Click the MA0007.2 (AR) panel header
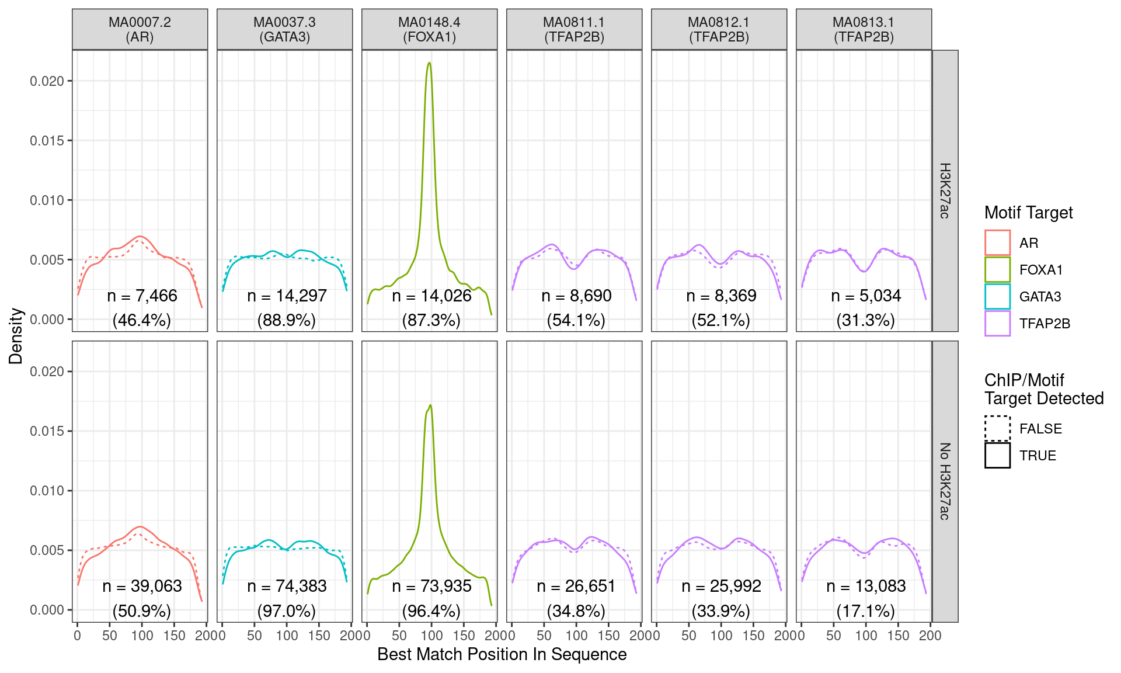[140, 29]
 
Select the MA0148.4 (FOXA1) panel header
[429, 29]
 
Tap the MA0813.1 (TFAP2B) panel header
[864, 29]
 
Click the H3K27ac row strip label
[945, 190]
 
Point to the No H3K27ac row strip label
[945, 481]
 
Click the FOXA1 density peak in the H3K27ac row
[429, 63]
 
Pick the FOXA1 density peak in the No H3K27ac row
[430, 405]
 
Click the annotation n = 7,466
[142, 296]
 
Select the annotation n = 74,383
[287, 586]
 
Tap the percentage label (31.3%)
[865, 320]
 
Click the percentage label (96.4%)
[431, 611]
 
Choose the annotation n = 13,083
[866, 586]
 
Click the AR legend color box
[997, 243]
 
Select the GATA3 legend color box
[997, 297]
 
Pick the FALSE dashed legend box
[997, 428]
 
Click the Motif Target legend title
[1028, 213]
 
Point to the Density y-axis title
[16, 336]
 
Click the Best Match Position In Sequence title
[502, 654]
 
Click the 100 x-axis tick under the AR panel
[142, 636]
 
